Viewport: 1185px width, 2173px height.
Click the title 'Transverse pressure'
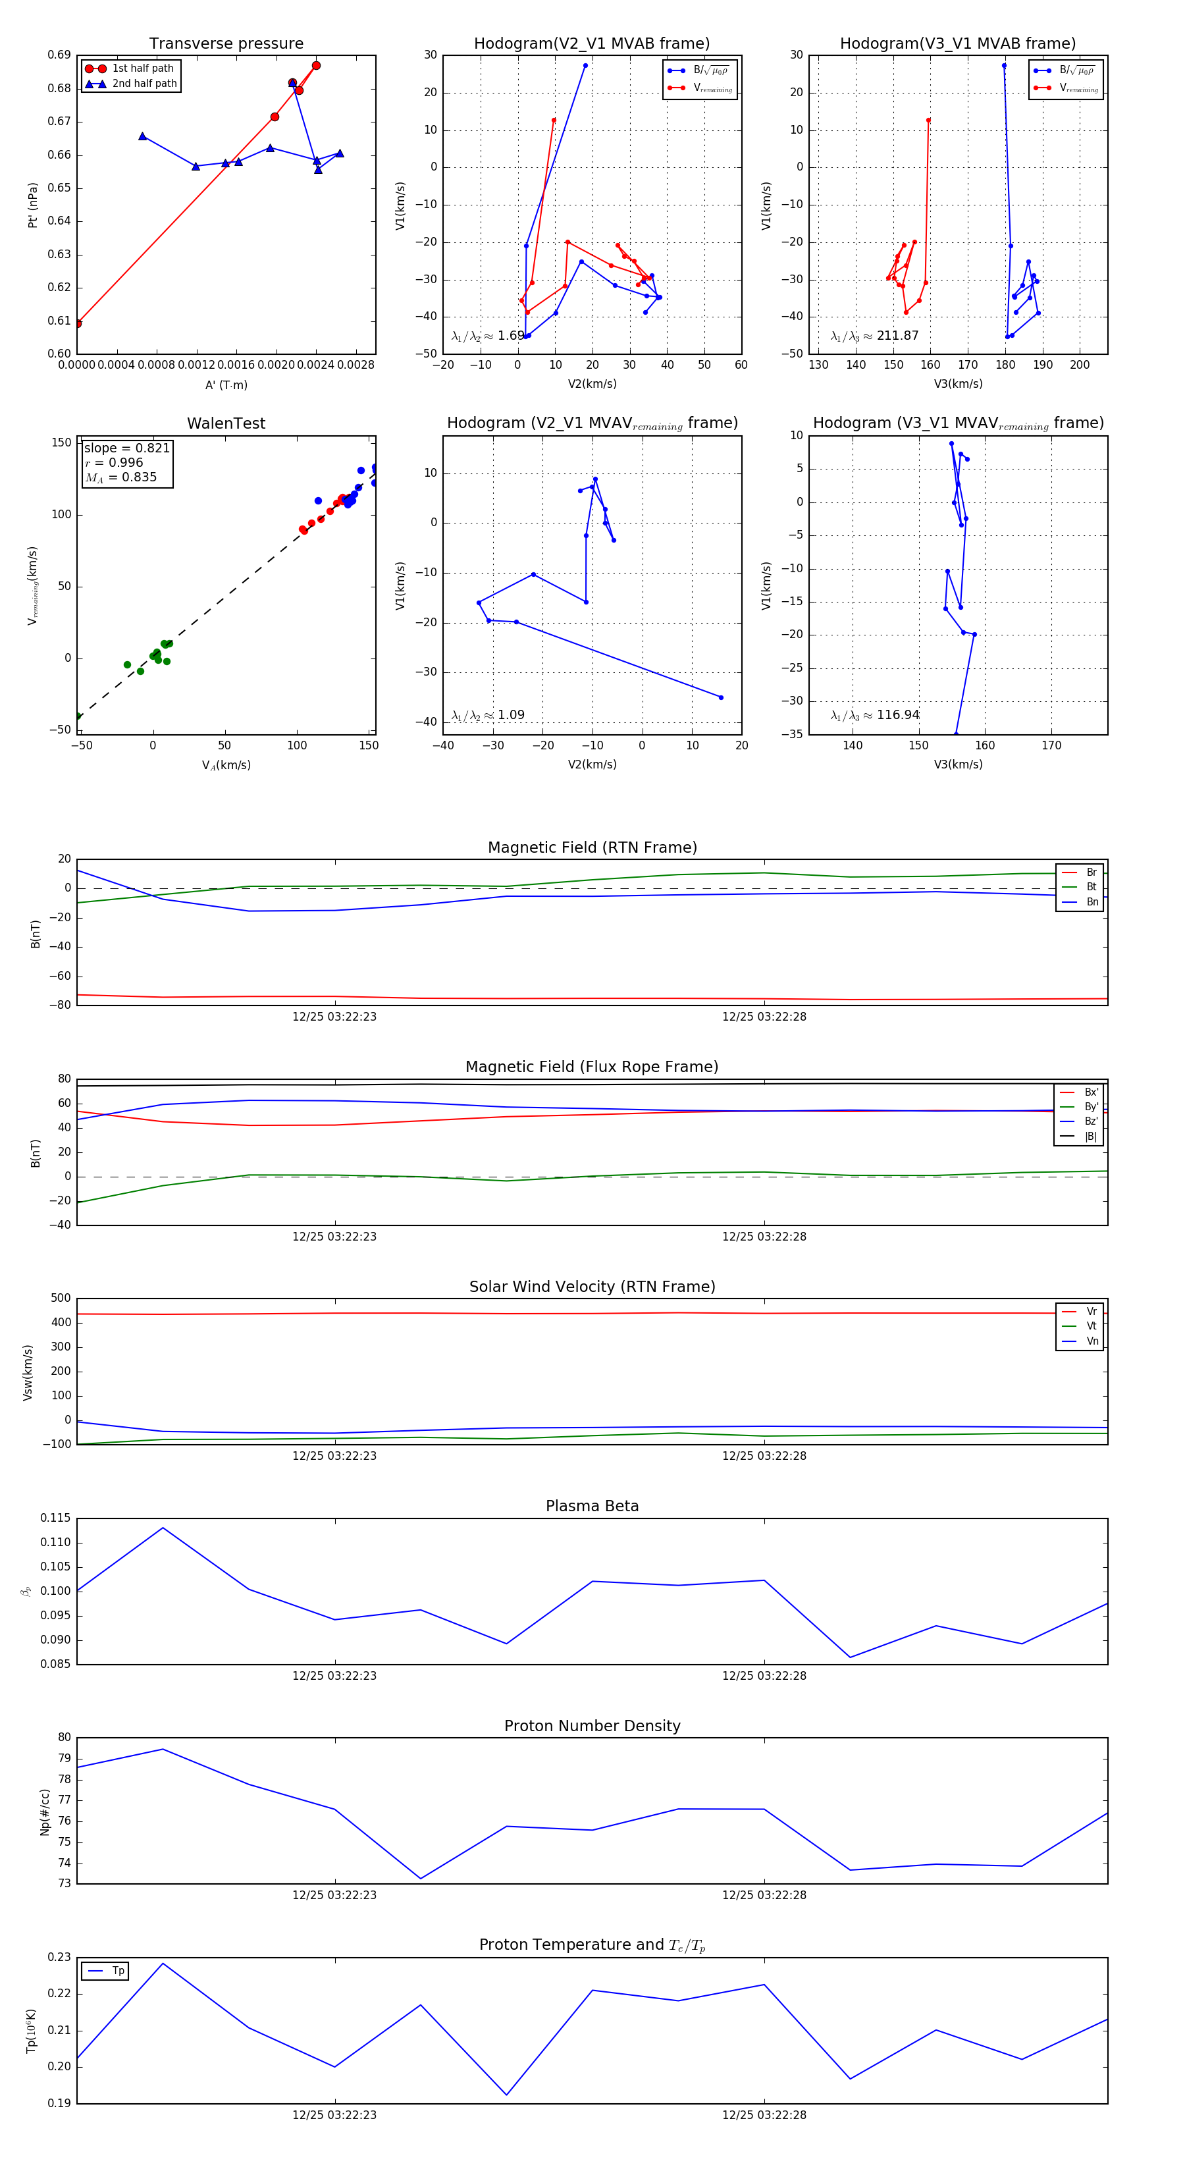pyautogui.click(x=226, y=44)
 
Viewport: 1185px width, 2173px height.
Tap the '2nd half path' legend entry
pyautogui.click(x=144, y=84)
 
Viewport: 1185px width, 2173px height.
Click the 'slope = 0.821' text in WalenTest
pyautogui.click(x=126, y=448)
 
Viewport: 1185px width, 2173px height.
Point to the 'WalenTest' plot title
pyautogui.click(x=226, y=423)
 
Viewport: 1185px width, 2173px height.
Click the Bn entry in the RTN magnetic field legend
pyautogui.click(x=1092, y=901)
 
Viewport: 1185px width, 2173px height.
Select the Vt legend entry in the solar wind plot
pyautogui.click(x=1092, y=1326)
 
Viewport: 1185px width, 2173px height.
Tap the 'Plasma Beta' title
pyautogui.click(x=592, y=1506)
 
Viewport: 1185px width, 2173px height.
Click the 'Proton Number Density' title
pyautogui.click(x=592, y=1726)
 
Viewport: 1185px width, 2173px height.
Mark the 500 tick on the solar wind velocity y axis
pyautogui.click(x=60, y=1299)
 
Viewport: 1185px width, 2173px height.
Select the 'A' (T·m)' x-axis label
pyautogui.click(x=226, y=385)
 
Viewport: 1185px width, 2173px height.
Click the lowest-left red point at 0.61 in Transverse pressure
pyautogui.click(x=78, y=323)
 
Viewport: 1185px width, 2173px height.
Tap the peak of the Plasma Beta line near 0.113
pyautogui.click(x=163, y=1528)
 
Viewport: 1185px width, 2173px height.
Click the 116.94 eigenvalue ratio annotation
pyautogui.click(x=875, y=715)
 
